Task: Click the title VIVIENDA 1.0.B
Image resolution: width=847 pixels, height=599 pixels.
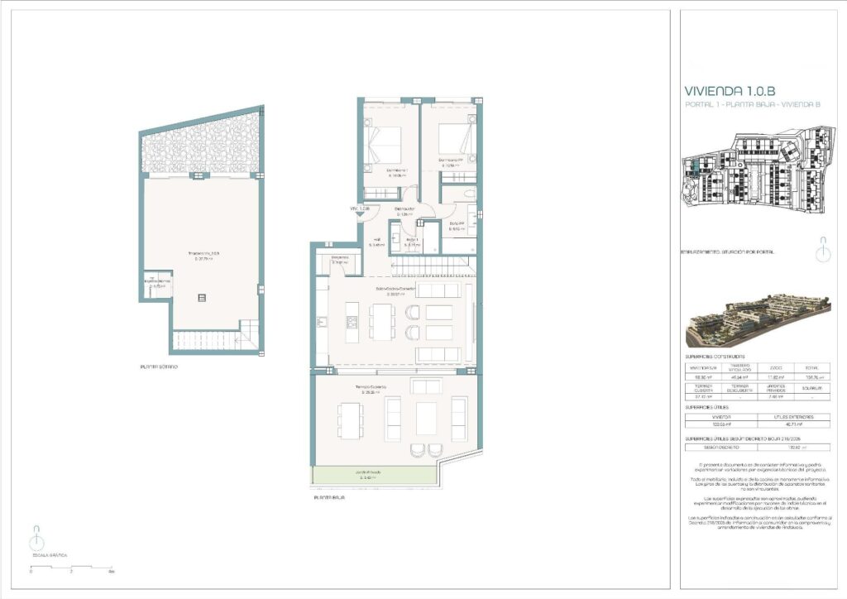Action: pos(728,91)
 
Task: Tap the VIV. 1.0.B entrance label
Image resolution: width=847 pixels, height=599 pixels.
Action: pos(359,208)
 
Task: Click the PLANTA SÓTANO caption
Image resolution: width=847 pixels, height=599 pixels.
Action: pos(159,367)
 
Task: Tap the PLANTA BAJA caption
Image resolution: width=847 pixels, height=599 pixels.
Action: pos(329,498)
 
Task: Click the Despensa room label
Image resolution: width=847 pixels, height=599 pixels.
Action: pos(341,258)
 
